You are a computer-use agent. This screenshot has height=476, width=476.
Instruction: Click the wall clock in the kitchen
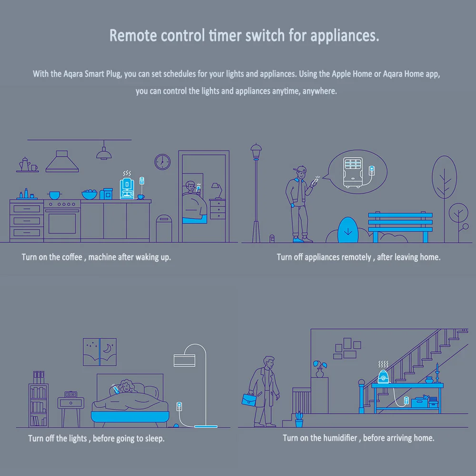click(x=162, y=162)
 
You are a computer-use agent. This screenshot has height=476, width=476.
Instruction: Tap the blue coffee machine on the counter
click(x=127, y=189)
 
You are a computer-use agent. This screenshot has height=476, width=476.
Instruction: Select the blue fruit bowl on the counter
click(x=89, y=195)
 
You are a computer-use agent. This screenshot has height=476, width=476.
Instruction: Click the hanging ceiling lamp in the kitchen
click(x=104, y=153)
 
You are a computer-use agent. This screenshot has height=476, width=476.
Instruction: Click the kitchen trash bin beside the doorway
click(x=164, y=228)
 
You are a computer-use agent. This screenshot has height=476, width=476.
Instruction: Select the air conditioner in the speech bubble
click(x=353, y=172)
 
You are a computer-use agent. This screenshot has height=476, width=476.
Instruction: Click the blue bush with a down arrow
click(x=348, y=230)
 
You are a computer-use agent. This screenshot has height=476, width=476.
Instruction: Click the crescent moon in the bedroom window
click(x=107, y=348)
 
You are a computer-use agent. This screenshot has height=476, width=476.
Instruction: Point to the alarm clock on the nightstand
click(x=71, y=394)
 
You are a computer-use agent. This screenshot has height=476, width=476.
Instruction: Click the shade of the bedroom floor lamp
click(x=185, y=360)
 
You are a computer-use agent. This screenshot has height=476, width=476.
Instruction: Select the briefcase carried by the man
click(x=249, y=399)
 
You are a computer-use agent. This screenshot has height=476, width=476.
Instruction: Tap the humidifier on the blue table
click(x=383, y=376)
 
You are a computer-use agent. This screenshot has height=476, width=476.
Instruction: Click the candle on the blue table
click(x=437, y=373)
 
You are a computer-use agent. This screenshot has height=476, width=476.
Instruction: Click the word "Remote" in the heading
click(x=133, y=36)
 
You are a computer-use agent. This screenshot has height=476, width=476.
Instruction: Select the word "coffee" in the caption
click(x=72, y=257)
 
